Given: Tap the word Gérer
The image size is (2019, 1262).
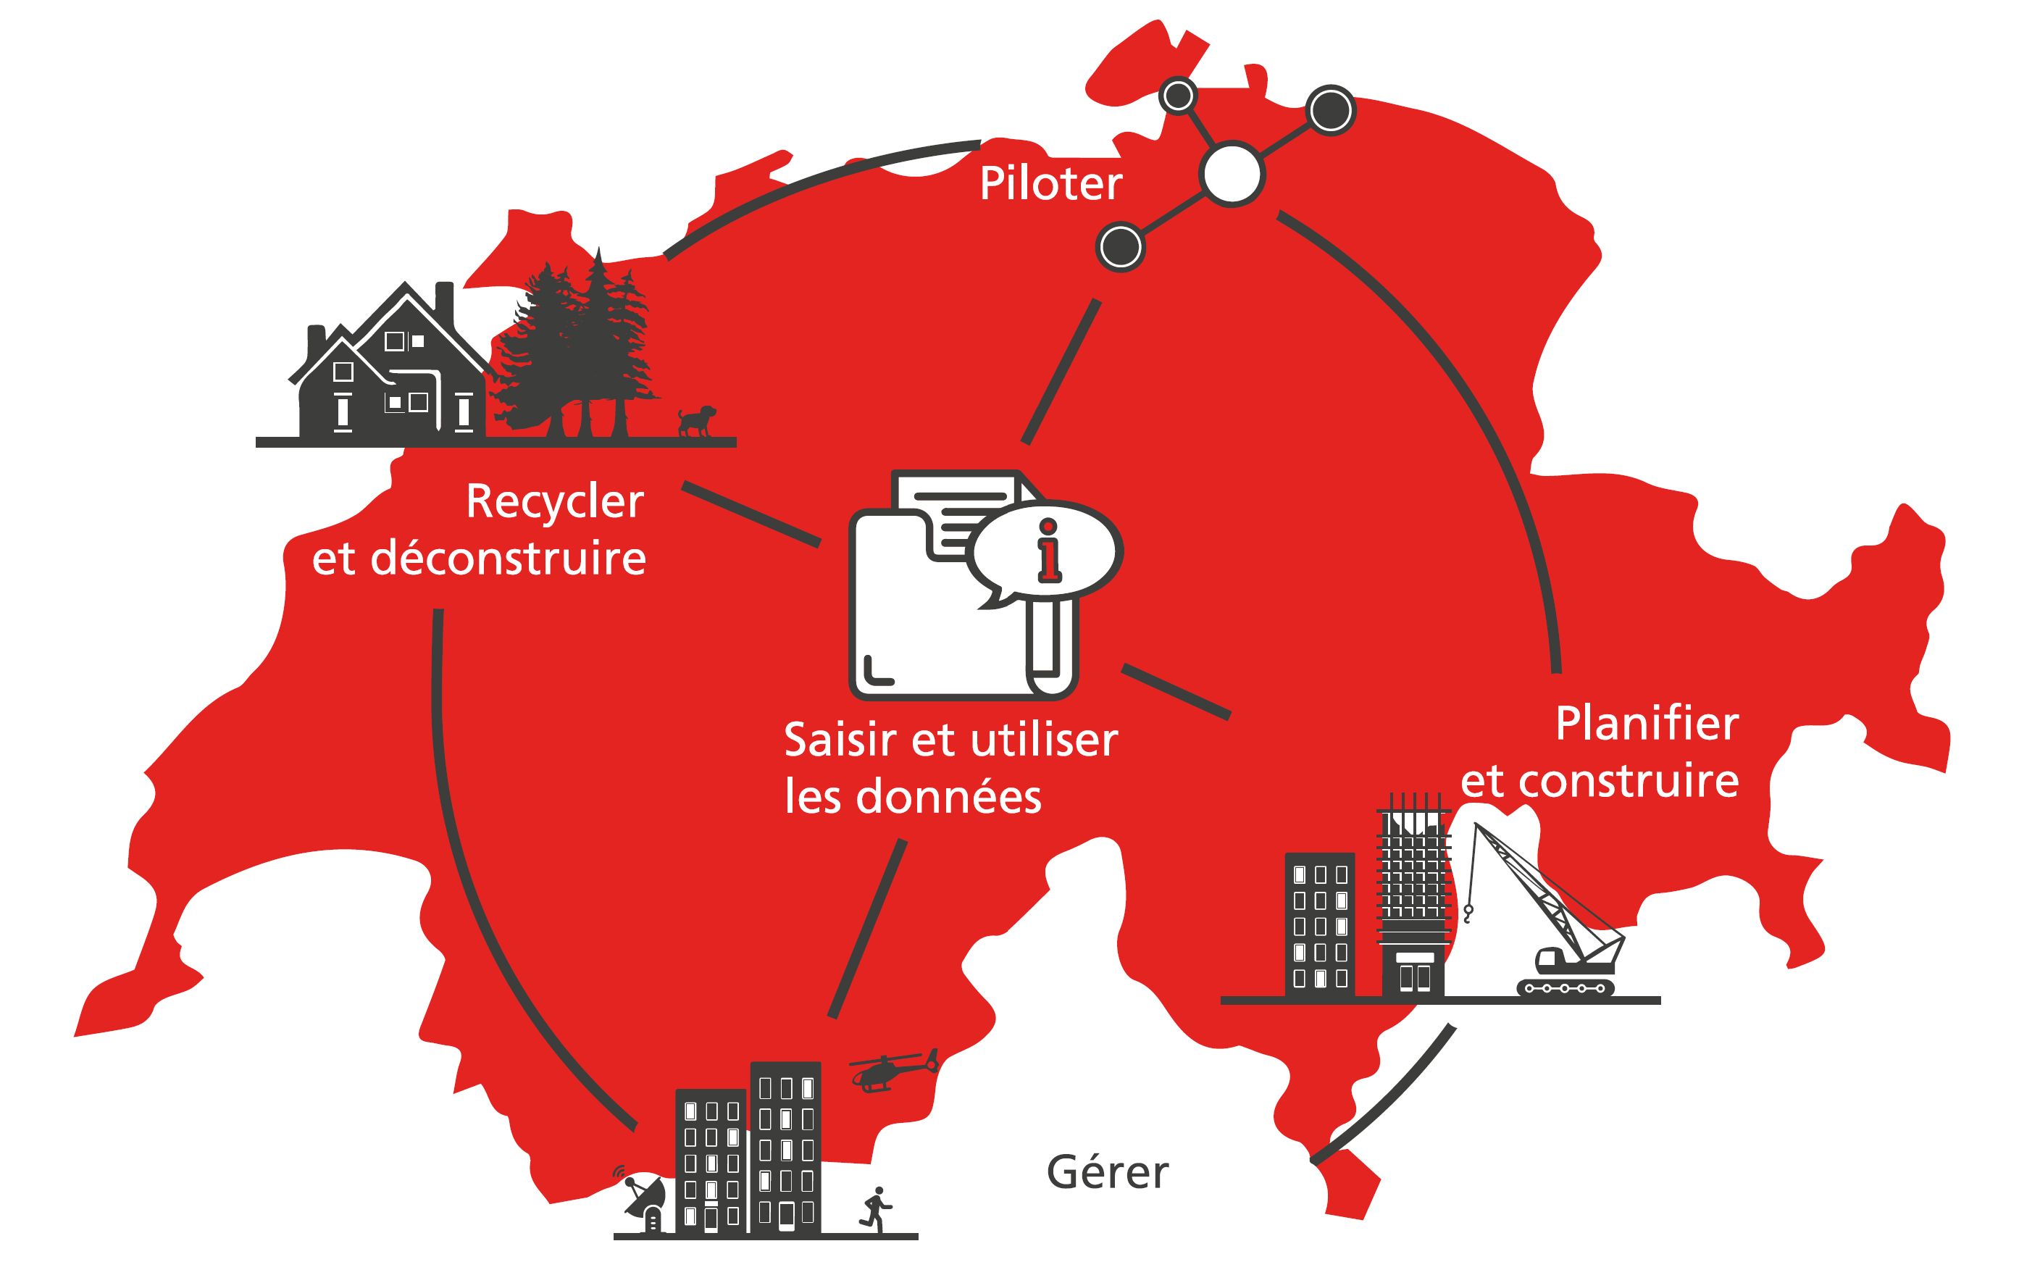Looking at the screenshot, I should [1107, 1173].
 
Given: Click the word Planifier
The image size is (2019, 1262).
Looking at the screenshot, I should [1647, 724].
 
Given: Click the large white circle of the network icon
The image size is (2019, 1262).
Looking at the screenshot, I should [1232, 174].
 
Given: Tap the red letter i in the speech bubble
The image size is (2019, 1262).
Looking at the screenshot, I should [1048, 551].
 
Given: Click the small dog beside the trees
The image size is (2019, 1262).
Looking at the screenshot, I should [695, 421].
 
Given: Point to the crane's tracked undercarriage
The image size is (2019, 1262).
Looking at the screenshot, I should [1565, 987].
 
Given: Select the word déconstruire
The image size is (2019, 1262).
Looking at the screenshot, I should [509, 559].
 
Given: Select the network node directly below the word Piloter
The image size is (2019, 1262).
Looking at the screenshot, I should [1120, 246].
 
